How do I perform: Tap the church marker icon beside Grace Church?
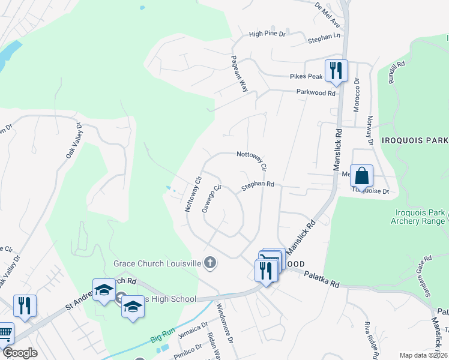(210, 262)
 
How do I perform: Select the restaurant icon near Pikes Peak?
(336, 71)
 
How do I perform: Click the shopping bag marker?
(362, 176)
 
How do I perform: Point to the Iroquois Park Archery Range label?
(420, 217)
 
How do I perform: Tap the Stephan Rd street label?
(258, 187)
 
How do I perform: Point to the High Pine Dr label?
(268, 34)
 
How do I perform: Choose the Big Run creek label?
(163, 338)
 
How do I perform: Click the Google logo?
(20, 353)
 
